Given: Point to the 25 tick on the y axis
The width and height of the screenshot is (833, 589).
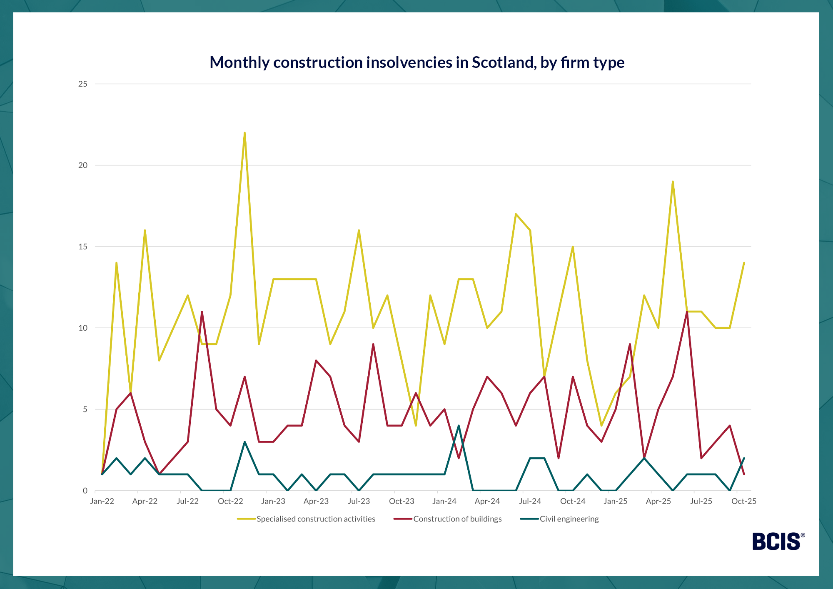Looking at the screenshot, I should (x=83, y=84).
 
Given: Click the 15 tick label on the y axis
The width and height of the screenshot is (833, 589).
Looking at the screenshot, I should (x=83, y=247).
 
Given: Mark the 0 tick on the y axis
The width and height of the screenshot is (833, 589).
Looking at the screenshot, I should (x=85, y=491).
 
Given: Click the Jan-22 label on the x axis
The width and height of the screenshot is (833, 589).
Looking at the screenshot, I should (x=102, y=501).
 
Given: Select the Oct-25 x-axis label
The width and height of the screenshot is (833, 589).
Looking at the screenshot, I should (x=743, y=501).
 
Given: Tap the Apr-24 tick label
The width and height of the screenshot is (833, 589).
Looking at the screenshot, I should (x=487, y=501).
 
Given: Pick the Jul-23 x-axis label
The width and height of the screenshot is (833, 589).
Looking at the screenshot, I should (x=359, y=501).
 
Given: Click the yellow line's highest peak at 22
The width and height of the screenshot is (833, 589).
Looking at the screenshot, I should (x=244, y=133).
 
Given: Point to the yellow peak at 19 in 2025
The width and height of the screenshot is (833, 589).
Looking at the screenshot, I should (x=673, y=182).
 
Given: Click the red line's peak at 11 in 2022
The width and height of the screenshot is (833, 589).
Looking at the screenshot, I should (x=202, y=312).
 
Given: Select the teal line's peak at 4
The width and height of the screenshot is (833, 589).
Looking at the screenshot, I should (x=459, y=426).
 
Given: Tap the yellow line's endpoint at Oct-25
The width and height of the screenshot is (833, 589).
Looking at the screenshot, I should (x=744, y=263).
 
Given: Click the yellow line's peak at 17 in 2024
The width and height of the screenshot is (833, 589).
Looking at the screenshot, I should (x=516, y=214).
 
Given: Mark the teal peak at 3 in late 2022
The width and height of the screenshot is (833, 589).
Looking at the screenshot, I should (x=244, y=442).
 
